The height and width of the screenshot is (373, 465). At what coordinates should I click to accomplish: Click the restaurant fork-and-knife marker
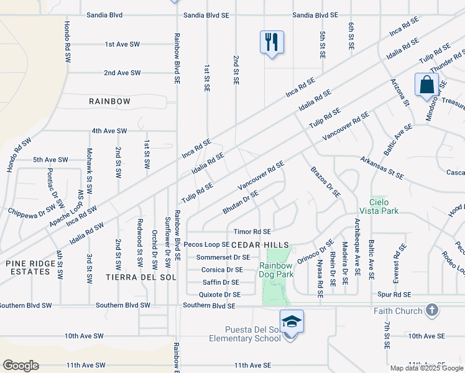tap(272, 42)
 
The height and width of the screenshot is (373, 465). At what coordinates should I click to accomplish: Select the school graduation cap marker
tap(292, 321)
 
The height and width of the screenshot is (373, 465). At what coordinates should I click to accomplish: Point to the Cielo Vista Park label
tap(375, 206)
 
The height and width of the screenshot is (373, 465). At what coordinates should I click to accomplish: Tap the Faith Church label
tap(397, 311)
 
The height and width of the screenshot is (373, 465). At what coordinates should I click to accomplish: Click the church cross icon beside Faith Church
tap(433, 310)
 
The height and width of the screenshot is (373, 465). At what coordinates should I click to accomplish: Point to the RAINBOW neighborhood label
tap(109, 101)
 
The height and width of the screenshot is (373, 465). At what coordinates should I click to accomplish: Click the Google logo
tap(21, 366)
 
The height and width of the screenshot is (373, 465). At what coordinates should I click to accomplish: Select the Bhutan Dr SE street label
tap(240, 203)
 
